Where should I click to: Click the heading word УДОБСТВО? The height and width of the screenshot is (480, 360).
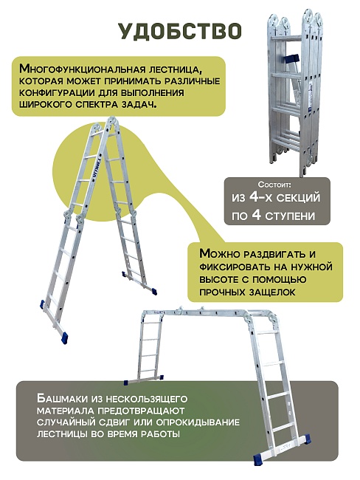pyautogui.click(x=179, y=30)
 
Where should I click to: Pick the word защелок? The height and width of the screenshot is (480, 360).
pyautogui.click(x=271, y=293)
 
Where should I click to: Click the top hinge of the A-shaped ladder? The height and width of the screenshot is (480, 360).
pyautogui.click(x=100, y=126)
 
